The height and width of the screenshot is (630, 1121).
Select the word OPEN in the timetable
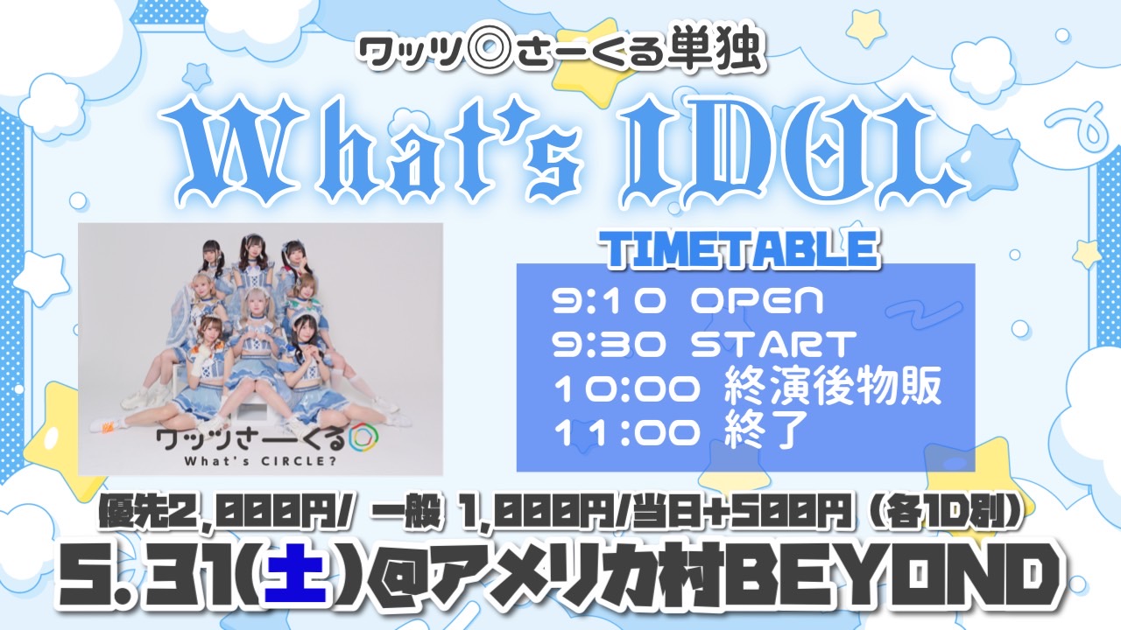coord(757,302)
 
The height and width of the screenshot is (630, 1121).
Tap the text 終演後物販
coord(833,388)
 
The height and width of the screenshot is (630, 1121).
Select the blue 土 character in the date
coord(300,582)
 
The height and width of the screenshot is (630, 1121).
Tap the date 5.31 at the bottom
coord(151,582)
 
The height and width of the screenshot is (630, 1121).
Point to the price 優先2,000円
coord(222,513)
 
